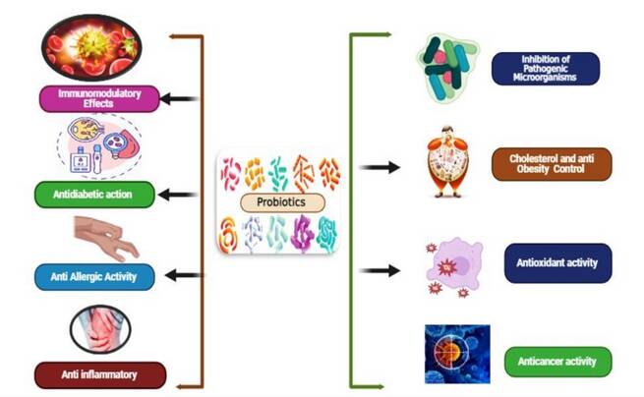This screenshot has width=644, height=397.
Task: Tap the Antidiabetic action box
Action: point(95,195)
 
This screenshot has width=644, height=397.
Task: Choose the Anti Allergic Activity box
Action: point(95,278)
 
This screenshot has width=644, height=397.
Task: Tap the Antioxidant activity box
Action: point(556,262)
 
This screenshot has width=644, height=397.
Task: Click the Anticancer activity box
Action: point(556,361)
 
